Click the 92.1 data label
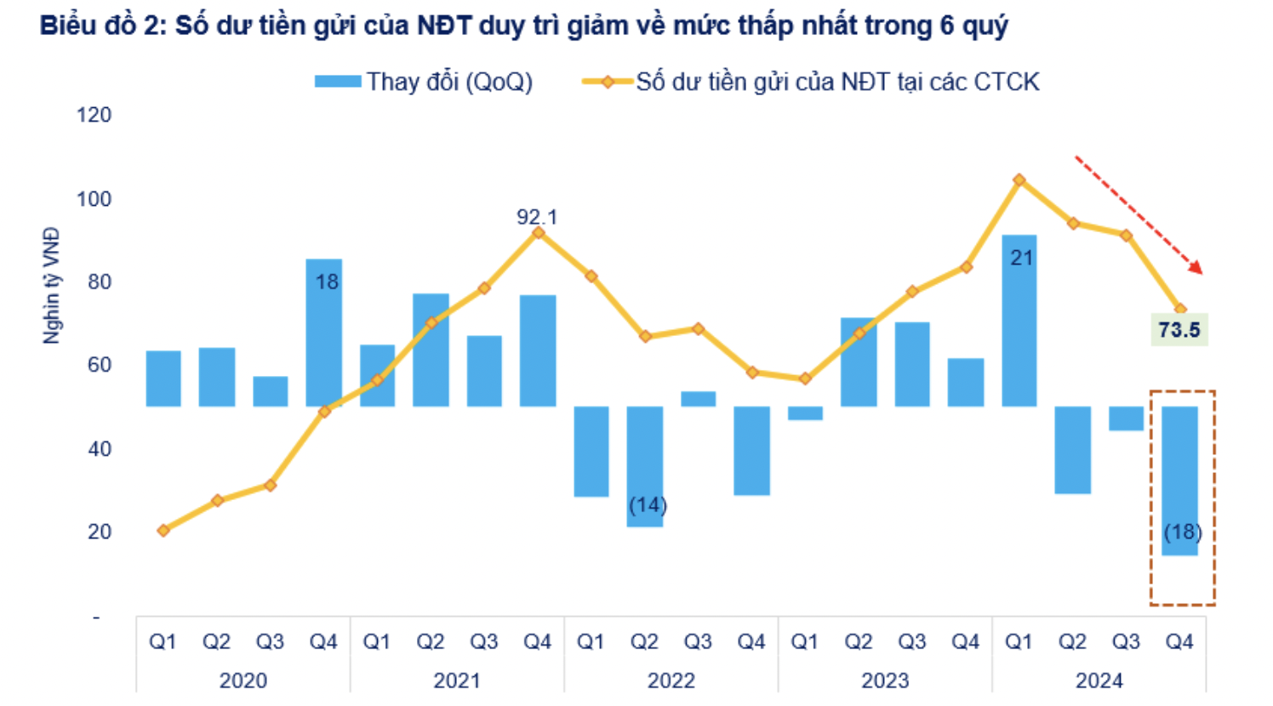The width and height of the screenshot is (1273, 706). (537, 217)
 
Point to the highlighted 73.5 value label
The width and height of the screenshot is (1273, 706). (1179, 329)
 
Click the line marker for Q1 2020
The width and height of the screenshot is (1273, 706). (163, 530)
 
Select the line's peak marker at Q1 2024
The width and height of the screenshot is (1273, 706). (1019, 180)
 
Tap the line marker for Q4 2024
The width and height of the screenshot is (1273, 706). (1179, 310)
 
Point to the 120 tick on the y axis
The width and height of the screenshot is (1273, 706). (94, 115)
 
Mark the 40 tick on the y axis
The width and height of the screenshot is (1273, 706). (100, 448)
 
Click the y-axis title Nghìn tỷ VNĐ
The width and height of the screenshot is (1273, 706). (52, 285)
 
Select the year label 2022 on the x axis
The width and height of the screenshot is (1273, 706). (671, 680)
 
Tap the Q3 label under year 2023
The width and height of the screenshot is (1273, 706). (911, 641)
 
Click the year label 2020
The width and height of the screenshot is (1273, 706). (243, 680)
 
